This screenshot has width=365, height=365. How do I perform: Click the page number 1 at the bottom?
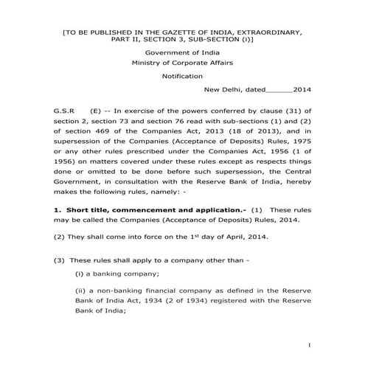click(311, 344)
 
